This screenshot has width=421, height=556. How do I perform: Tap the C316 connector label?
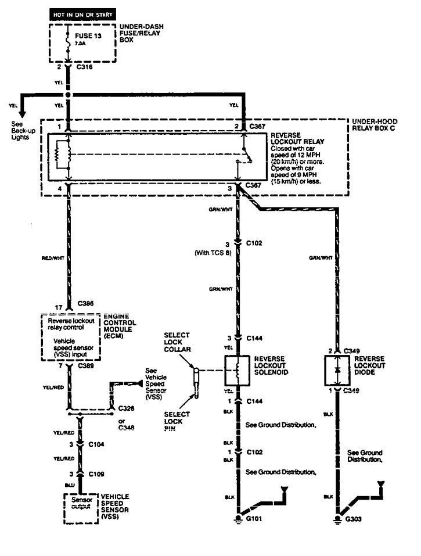tap(85, 67)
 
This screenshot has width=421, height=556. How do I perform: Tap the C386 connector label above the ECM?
tap(85, 304)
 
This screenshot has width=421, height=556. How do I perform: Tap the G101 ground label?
tap(256, 519)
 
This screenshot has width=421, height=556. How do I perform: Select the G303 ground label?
tap(356, 519)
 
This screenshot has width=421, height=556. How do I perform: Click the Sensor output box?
tap(81, 504)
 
